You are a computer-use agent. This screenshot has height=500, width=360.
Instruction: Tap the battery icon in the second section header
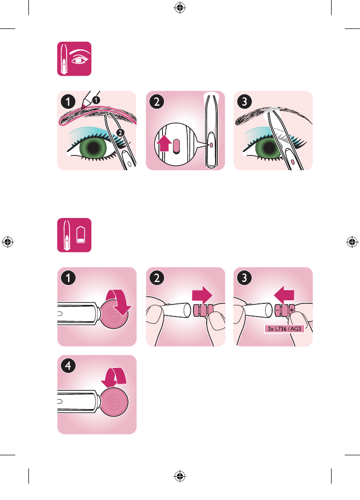coord(81,235)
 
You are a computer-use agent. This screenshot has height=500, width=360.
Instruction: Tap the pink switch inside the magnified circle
coord(177,146)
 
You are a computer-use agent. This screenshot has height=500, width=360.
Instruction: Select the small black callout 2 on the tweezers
coord(120,133)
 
